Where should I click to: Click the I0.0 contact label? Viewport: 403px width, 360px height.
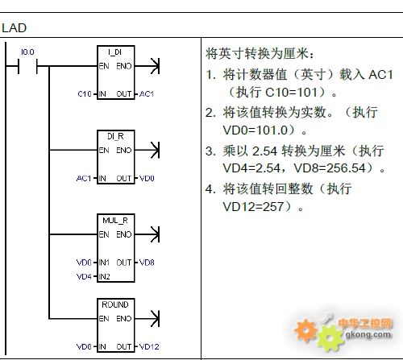(27, 52)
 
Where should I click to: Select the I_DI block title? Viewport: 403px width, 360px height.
(115, 52)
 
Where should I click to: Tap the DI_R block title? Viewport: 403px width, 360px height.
(115, 136)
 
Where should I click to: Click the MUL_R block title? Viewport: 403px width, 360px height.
(115, 221)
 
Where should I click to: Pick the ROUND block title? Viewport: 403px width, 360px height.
(115, 304)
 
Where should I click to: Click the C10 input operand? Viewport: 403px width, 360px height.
(85, 94)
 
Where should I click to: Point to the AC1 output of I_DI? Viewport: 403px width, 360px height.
(147, 94)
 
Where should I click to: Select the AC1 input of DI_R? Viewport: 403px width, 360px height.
(84, 178)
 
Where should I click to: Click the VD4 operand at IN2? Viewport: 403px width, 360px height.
(84, 276)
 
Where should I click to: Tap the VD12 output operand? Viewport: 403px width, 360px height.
(149, 346)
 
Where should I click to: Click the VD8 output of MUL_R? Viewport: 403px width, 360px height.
(147, 263)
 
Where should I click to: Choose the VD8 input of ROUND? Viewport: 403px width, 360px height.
(84, 346)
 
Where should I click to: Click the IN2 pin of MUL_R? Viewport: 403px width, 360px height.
(105, 276)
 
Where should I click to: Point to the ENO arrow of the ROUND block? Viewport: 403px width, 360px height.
(147, 319)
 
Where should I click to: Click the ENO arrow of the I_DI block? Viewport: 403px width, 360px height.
(147, 66)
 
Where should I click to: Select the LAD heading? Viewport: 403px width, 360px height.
(15, 28)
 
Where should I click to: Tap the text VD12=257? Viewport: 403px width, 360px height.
(253, 207)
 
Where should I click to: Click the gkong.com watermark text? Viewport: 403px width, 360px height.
(368, 334)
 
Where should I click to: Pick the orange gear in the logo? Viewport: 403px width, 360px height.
(305, 330)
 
